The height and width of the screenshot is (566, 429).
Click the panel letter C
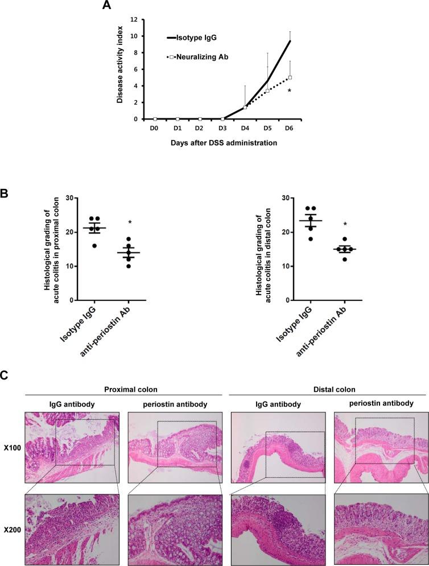tap(5, 376)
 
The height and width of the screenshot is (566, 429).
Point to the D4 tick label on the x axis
tap(245, 128)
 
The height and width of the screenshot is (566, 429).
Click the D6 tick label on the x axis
tap(290, 128)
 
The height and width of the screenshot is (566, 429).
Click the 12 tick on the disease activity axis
tap(134, 19)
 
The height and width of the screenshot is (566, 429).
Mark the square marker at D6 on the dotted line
tap(290, 77)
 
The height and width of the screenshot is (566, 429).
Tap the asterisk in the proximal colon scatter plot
tap(130, 222)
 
